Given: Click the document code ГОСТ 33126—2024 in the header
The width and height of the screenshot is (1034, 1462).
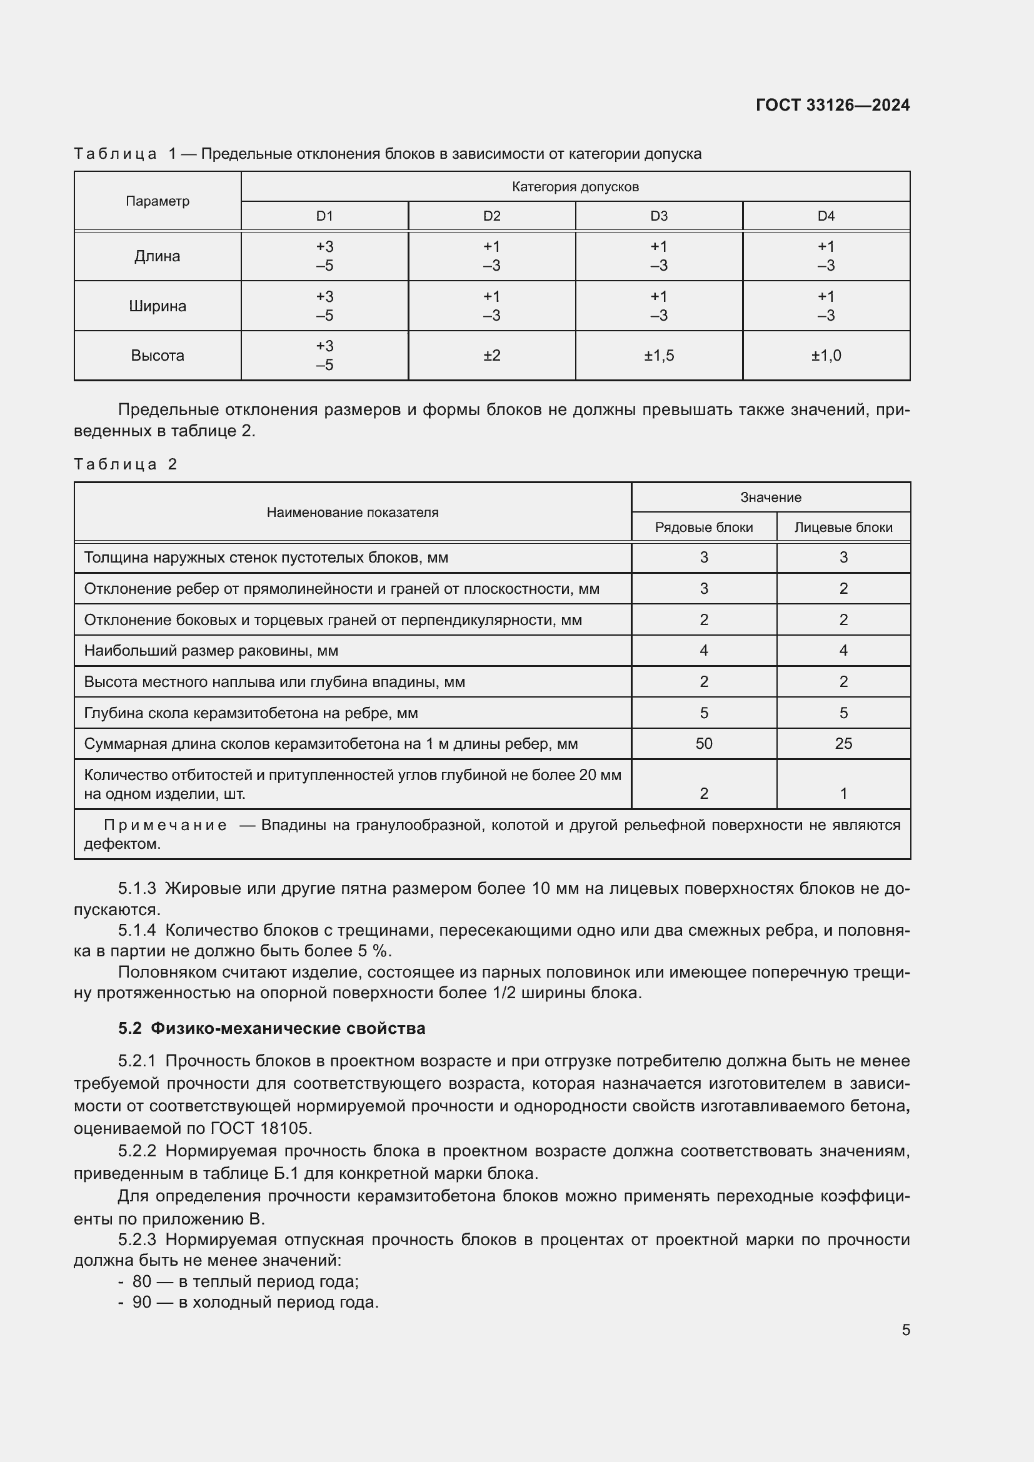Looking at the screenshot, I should tap(832, 105).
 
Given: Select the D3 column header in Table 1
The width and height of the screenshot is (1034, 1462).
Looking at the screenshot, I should tap(658, 216).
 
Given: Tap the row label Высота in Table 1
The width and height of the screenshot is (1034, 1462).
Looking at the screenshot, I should tap(158, 355).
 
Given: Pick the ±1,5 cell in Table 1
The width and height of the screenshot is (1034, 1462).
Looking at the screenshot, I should tap(658, 355).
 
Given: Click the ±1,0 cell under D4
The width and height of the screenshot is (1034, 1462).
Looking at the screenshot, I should tap(826, 355).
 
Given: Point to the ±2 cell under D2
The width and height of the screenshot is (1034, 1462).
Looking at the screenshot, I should tap(491, 355).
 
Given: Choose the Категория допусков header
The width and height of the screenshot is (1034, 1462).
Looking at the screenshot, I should tap(575, 186).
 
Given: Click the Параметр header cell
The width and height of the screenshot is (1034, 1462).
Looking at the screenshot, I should tap(158, 201).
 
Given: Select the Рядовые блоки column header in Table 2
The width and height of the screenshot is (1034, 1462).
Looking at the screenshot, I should tap(703, 528).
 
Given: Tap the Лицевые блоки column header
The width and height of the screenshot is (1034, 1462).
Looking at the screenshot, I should tap(843, 528).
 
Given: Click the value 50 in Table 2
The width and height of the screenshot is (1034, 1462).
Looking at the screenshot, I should tap(703, 744).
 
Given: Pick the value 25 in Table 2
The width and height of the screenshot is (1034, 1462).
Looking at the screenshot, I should tap(843, 744).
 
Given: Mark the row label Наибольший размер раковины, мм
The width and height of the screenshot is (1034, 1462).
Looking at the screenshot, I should tap(211, 651).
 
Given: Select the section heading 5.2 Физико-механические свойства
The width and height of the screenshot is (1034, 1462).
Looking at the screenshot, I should tap(272, 1028).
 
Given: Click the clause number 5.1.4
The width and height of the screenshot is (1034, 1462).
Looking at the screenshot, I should tap(137, 930).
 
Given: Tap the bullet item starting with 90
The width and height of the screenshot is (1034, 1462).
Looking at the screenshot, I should tap(254, 1302).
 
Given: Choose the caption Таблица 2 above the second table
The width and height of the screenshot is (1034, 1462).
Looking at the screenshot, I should tap(126, 464).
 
